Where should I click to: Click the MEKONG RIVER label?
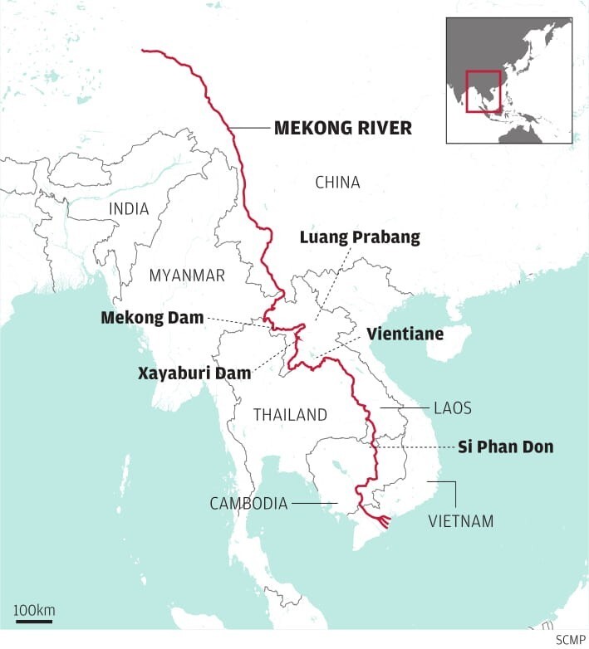coord(342,129)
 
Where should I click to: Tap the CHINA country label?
coord(337,183)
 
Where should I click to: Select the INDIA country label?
coord(129,209)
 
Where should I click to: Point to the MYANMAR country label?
coord(187,276)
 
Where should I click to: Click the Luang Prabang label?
coord(360,237)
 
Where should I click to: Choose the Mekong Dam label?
coord(152,318)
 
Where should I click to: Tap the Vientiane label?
coord(405,334)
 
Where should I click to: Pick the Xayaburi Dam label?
coord(194,373)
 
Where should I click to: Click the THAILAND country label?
coord(290,415)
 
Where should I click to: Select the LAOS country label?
coord(452,408)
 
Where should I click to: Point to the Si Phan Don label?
coord(505,447)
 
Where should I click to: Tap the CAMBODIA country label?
coord(248,503)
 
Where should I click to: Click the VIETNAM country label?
coord(460,522)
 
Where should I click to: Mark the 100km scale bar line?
coord(34,620)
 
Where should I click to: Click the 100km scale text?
coord(34,610)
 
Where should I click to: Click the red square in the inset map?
coord(483,91)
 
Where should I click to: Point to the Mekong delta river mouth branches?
coord(382,521)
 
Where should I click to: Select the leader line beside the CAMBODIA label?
coord(315,503)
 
